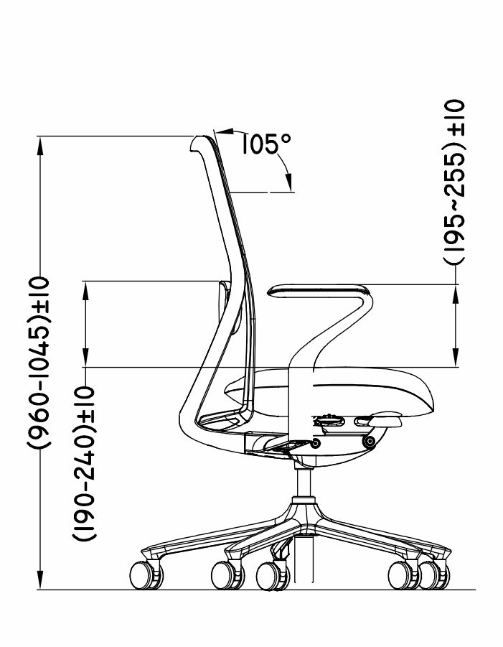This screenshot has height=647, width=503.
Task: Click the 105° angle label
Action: pos(266,144)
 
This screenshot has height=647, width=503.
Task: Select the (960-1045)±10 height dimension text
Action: pos(39,363)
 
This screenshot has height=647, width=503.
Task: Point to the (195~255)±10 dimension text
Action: pos(454,182)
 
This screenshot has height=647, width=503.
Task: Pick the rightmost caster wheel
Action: pos(433,575)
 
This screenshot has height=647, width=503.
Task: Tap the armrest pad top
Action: pos(317,289)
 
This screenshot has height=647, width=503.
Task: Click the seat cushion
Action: pos(330,391)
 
